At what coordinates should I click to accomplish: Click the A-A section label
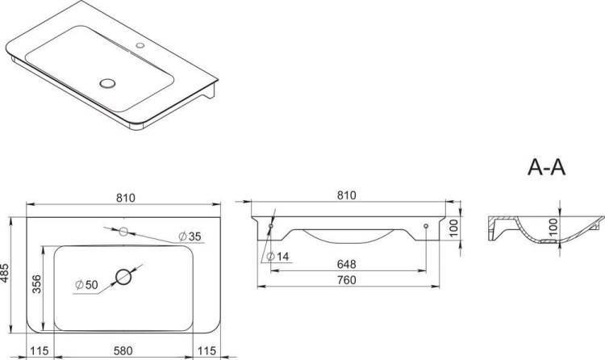click(546, 168)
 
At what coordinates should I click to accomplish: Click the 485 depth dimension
click(5, 273)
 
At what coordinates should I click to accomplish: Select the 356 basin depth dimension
click(36, 284)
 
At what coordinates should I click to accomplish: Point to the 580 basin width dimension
click(123, 351)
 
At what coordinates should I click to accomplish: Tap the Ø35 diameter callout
click(190, 237)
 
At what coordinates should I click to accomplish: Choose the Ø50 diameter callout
click(87, 285)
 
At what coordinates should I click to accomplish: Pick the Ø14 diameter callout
click(277, 257)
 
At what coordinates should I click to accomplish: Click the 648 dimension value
click(347, 264)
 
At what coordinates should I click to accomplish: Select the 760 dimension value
click(347, 280)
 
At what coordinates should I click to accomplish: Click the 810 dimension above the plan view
click(126, 198)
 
